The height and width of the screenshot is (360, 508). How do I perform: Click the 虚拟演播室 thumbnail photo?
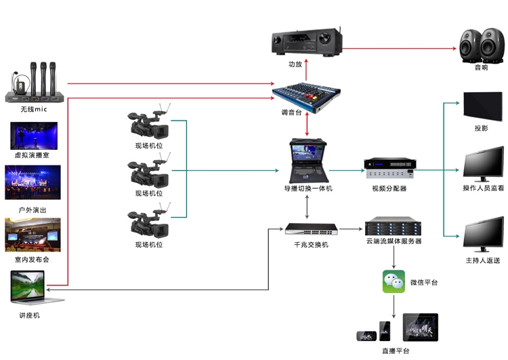[32, 136]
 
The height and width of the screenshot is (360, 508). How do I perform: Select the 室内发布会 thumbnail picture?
[32, 235]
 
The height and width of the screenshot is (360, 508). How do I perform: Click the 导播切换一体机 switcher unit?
[308, 159]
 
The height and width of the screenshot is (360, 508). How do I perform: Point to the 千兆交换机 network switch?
[308, 230]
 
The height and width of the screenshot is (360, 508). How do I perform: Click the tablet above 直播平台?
[420, 327]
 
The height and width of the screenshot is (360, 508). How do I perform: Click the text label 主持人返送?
[482, 260]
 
